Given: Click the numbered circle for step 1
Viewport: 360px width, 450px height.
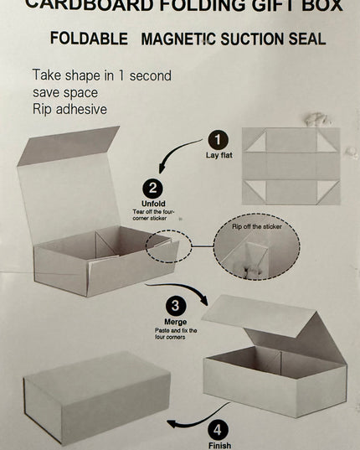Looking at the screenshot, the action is click(219, 140).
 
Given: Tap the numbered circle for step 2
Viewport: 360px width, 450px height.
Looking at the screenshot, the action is click(152, 189).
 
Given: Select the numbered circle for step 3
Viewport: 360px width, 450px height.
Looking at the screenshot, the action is click(176, 306).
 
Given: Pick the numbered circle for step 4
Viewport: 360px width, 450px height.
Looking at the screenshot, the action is click(219, 430).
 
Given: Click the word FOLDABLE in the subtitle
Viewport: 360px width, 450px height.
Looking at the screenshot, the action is click(89, 39).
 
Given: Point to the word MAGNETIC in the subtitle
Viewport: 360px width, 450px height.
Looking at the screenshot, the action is click(178, 39).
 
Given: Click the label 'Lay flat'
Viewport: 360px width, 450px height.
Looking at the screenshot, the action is click(219, 155).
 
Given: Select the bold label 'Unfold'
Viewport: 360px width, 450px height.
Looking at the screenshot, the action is click(153, 204).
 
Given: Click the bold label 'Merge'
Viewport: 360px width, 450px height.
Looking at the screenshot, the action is click(176, 322).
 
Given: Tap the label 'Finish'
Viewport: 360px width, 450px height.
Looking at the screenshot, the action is click(219, 446).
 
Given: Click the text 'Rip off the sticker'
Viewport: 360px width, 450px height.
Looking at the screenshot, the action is click(257, 226).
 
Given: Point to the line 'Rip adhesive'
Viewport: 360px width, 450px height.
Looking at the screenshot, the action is click(69, 109).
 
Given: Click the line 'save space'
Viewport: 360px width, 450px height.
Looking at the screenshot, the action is click(65, 92).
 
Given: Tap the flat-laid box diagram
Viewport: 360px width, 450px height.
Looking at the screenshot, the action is click(291, 166).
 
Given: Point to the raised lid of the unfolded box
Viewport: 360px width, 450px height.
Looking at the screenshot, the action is click(69, 184).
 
